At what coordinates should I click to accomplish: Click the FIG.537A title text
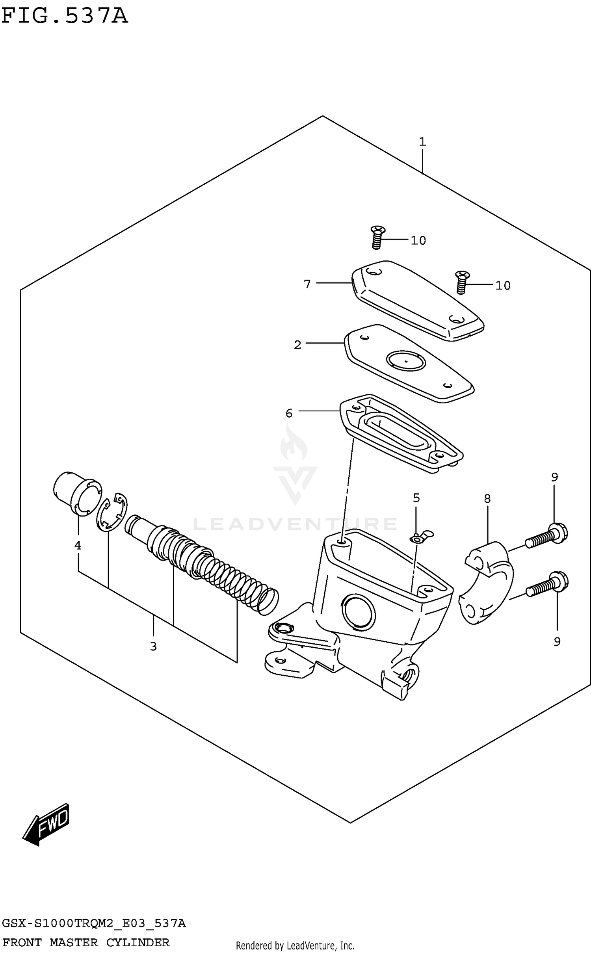(x=65, y=17)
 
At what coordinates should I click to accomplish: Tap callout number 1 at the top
(x=422, y=142)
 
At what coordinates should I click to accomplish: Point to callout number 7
(x=307, y=284)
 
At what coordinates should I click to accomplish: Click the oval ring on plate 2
(x=406, y=360)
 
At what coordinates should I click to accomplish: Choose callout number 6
(x=289, y=413)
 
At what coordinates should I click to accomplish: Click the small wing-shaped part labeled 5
(x=421, y=537)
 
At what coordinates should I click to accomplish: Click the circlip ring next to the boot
(x=112, y=514)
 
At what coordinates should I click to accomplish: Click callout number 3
(x=153, y=646)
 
